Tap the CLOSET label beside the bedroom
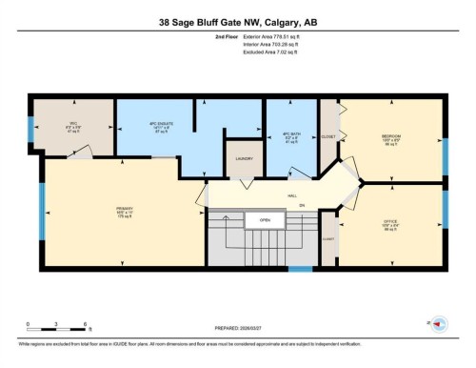328,136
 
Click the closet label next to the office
327,238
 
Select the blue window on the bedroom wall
445,154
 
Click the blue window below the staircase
300,269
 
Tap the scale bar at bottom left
57,331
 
